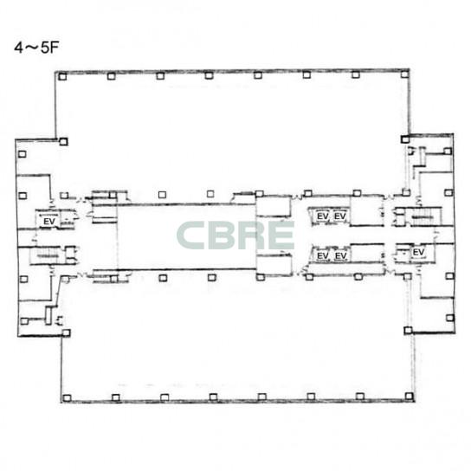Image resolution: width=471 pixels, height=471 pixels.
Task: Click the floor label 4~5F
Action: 36,48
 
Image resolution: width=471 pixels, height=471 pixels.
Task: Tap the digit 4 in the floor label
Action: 18,48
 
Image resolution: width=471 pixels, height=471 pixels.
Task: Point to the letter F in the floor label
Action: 55,48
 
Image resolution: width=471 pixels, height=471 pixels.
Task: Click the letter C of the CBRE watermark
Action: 191,235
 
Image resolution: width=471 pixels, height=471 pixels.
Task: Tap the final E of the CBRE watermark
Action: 281,235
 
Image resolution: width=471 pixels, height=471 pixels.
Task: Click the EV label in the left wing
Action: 49,222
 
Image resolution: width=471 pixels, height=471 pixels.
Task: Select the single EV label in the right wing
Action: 418,252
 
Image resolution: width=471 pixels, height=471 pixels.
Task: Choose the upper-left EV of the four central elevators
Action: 323,216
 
